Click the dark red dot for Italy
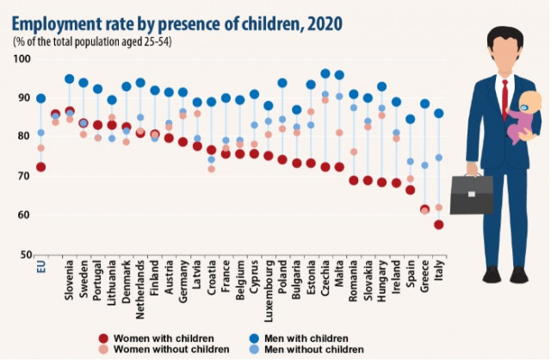[439, 225]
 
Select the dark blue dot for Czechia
[325, 74]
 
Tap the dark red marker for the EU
[40, 167]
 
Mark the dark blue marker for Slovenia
[70, 78]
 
